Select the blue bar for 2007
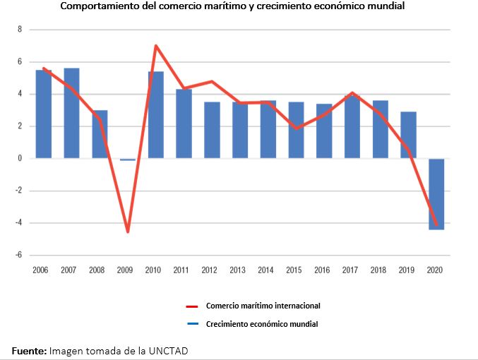pyautogui.click(x=71, y=113)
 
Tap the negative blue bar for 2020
pyautogui.click(x=436, y=194)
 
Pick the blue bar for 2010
pyautogui.click(x=155, y=115)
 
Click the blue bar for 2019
pyautogui.click(x=408, y=135)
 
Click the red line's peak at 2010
pyautogui.click(x=155, y=46)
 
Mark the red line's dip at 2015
pyautogui.click(x=295, y=128)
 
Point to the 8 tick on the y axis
pyautogui.click(x=20, y=30)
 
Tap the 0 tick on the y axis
pyautogui.click(x=20, y=159)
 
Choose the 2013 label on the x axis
pyautogui.click(x=239, y=270)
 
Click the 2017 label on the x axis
pyautogui.click(x=351, y=270)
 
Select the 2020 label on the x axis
pyautogui.click(x=436, y=270)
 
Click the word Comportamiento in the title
pyautogui.click(x=103, y=6)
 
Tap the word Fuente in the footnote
pyautogui.click(x=28, y=350)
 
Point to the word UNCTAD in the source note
pyautogui.click(x=169, y=350)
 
